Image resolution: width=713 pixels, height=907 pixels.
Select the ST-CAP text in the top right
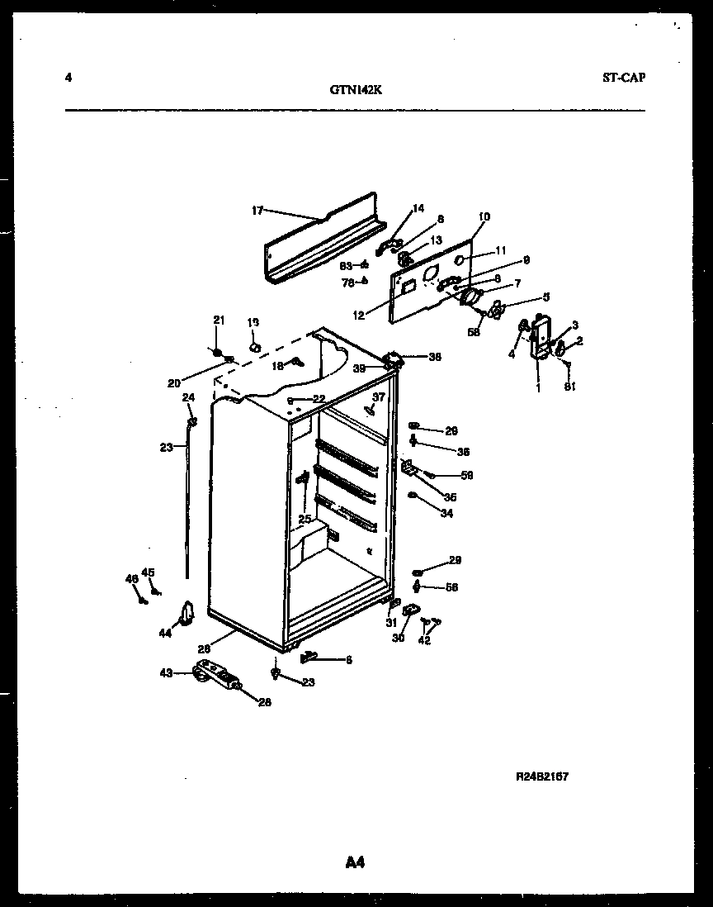click(x=623, y=78)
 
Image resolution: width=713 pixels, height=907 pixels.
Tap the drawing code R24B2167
click(x=541, y=776)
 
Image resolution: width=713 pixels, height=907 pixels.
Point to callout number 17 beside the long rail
click(x=257, y=211)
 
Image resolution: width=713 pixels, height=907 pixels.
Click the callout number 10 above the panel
click(x=484, y=217)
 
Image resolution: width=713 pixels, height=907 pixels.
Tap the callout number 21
click(x=219, y=321)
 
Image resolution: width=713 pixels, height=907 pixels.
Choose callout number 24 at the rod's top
click(x=188, y=397)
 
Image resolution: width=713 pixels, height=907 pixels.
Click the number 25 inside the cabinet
click(x=305, y=519)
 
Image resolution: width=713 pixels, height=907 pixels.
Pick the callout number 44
click(x=165, y=633)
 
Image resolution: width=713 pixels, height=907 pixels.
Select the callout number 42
click(x=424, y=639)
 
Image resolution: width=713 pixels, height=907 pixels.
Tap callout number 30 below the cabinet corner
click(x=398, y=638)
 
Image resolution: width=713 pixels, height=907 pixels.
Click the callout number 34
click(x=446, y=514)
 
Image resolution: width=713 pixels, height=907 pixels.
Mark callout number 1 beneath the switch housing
click(x=538, y=387)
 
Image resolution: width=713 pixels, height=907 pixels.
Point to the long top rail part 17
click(x=322, y=240)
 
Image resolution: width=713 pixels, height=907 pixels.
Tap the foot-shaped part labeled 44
click(x=187, y=613)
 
